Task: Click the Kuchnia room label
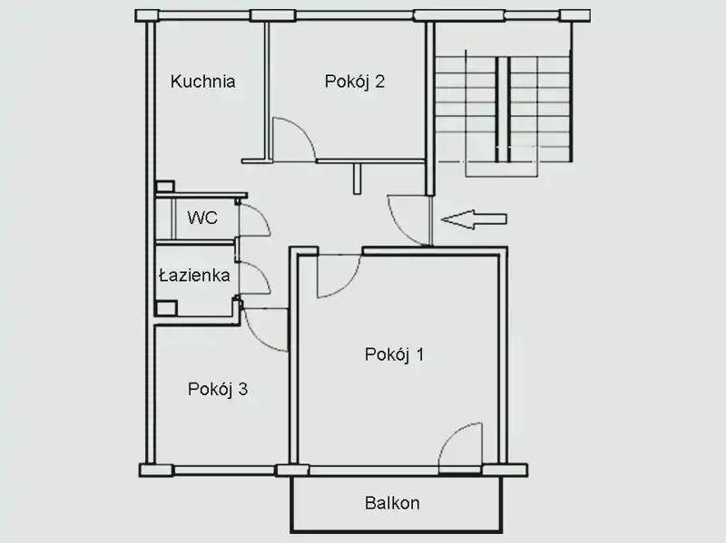pos(202,82)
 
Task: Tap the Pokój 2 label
pos(355,82)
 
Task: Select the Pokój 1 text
pos(394,354)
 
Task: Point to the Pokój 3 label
pos(218,390)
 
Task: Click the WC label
pos(202,218)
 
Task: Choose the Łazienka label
pos(194,276)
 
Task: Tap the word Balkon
pos(392,503)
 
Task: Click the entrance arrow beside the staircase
pos(474,219)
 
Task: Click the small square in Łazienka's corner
pos(166,308)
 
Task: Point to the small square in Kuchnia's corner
pos(165,187)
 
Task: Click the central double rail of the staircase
pos(504,109)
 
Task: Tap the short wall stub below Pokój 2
pos(357,179)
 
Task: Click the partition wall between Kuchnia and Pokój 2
pos(267,91)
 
